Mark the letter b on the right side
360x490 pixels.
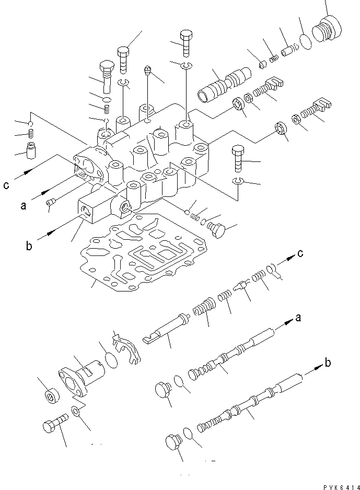327,362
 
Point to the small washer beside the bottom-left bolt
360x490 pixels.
77,412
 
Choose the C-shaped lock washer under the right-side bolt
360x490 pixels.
238,181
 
